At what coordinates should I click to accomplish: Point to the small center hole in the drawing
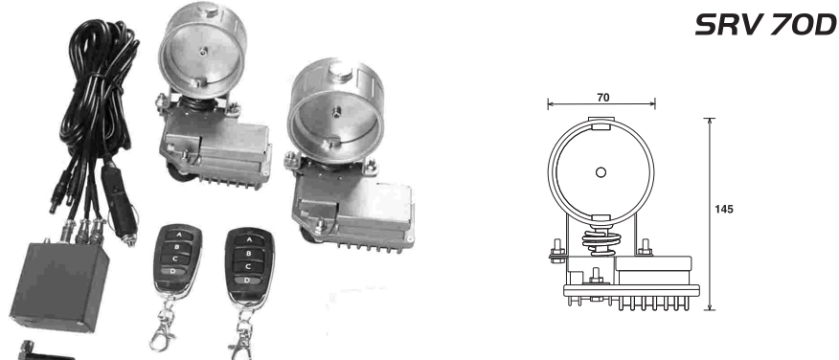[601, 172]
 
